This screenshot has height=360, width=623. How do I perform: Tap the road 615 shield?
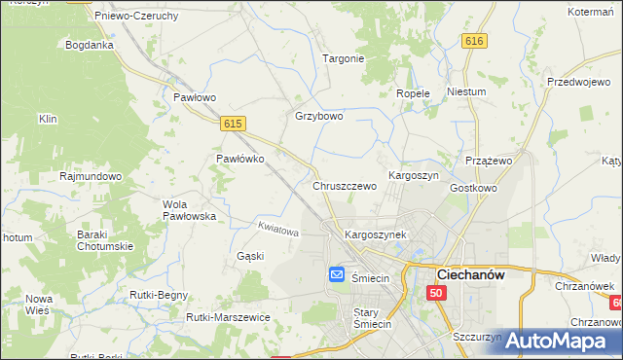232,124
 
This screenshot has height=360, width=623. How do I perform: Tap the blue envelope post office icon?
337,275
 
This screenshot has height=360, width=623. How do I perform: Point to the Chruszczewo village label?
345,185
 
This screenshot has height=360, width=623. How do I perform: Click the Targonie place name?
344,58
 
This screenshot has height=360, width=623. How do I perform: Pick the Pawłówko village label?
240,159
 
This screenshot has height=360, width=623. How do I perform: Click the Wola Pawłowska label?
189,210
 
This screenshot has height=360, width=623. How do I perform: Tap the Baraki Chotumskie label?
105,240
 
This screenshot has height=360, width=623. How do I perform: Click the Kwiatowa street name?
277,231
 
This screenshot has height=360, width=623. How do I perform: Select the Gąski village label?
250,256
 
